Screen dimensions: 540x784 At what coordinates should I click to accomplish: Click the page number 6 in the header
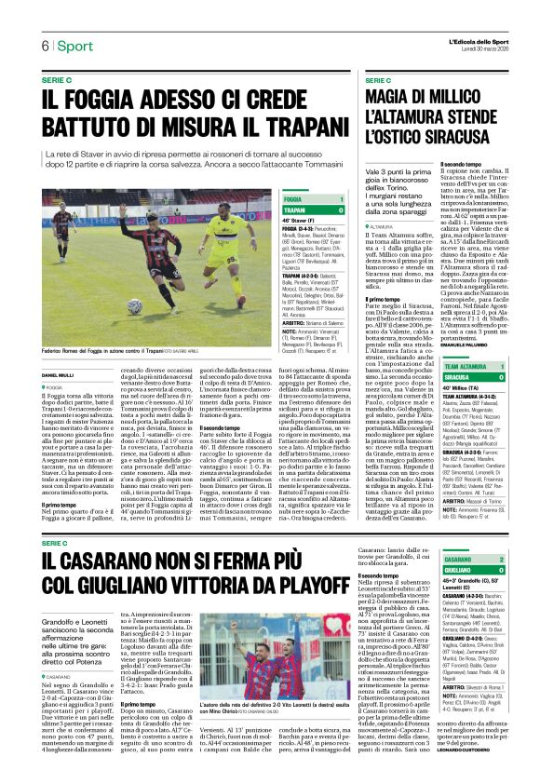coord(43,47)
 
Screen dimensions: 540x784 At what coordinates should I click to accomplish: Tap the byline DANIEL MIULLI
coord(58,375)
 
